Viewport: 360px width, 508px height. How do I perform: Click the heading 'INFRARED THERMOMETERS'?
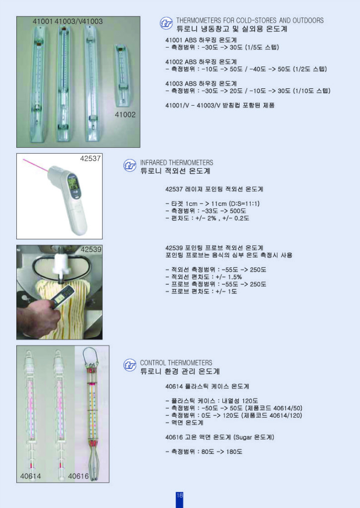pyautogui.click(x=176, y=163)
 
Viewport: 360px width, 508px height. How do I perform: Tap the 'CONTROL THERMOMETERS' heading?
pyautogui.click(x=176, y=363)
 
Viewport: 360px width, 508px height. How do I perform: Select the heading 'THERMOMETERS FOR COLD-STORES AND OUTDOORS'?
pyautogui.click(x=250, y=20)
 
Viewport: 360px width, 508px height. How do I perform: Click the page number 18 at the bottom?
pyautogui.click(x=179, y=496)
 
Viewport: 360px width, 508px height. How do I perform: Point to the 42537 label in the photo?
pyautogui.click(x=90, y=159)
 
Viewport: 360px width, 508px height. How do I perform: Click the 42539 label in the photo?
pyautogui.click(x=91, y=250)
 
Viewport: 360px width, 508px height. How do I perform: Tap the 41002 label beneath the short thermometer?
pyautogui.click(x=125, y=114)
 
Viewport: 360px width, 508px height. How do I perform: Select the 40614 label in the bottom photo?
pyautogui.click(x=30, y=476)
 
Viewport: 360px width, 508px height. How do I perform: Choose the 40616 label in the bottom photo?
pyautogui.click(x=78, y=476)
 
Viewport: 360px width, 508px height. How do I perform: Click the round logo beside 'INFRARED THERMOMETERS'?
pyautogui.click(x=130, y=166)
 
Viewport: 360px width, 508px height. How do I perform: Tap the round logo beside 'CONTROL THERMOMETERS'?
pyautogui.click(x=130, y=366)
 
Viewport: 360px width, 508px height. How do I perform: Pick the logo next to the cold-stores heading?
pyautogui.click(x=166, y=23)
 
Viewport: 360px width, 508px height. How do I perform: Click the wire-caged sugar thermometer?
pyautogui.click(x=92, y=412)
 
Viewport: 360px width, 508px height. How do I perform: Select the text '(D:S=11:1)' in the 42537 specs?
pyautogui.click(x=244, y=204)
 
